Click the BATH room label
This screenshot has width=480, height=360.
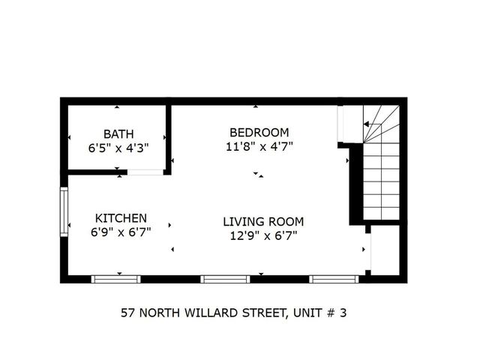[118, 134]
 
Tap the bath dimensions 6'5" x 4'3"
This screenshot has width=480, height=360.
[118, 148]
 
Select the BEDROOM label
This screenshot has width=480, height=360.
[259, 131]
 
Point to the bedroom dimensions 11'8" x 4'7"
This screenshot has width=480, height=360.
[259, 145]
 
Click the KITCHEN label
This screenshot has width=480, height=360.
[121, 218]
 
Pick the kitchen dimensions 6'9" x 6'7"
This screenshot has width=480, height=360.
[121, 232]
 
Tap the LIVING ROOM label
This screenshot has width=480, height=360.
[263, 221]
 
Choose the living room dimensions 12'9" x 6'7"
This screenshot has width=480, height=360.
[263, 235]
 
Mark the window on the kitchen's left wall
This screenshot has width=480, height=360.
[64, 211]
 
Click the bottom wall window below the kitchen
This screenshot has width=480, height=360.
[115, 279]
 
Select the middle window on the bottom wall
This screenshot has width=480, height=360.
[225, 279]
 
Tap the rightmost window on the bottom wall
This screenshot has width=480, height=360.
[334, 279]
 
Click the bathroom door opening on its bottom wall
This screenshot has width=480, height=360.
[145, 172]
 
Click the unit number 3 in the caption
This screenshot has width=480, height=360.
[343, 313]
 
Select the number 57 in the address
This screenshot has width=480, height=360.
[128, 313]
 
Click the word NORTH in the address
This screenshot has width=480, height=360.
[163, 313]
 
